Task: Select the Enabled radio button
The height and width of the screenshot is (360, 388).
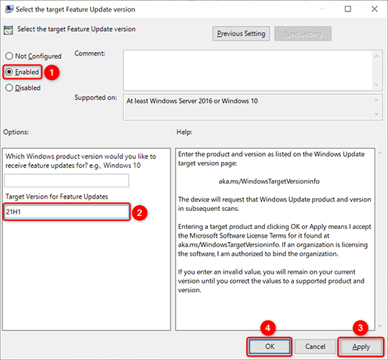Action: [9, 72]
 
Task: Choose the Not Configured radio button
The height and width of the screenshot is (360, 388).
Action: [9, 56]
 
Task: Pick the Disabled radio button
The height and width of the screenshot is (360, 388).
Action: [9, 88]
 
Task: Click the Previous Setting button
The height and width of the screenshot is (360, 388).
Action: [240, 33]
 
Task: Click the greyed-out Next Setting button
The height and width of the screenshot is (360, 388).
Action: [302, 33]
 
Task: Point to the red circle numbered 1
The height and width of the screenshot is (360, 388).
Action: [52, 72]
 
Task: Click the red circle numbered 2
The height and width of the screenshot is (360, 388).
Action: [141, 212]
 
